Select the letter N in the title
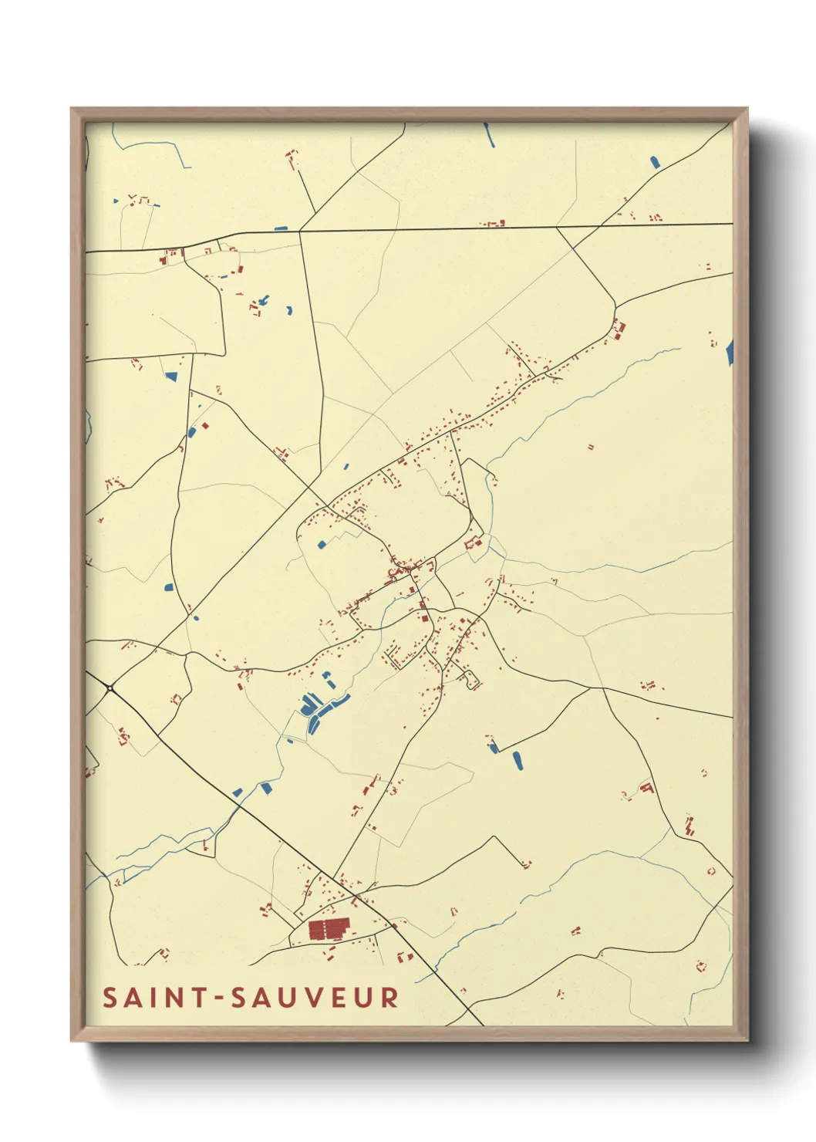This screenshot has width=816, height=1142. [172, 998]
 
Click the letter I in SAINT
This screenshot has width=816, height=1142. [151, 998]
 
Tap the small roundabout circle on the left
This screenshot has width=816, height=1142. [111, 688]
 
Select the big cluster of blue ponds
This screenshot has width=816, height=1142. [316, 710]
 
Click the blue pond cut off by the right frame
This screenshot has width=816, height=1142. [730, 353]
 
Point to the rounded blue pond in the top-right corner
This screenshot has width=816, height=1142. [655, 162]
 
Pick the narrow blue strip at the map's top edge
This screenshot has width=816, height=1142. [488, 135]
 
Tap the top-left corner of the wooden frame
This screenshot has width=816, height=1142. [72, 110]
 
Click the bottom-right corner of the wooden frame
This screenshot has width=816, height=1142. [746, 1039]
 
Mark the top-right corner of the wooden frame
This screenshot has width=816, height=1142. [746, 110]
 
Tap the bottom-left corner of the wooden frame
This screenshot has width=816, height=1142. [72, 1039]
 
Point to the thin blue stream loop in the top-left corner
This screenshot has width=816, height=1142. [150, 147]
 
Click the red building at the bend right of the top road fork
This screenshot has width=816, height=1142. [619, 329]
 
